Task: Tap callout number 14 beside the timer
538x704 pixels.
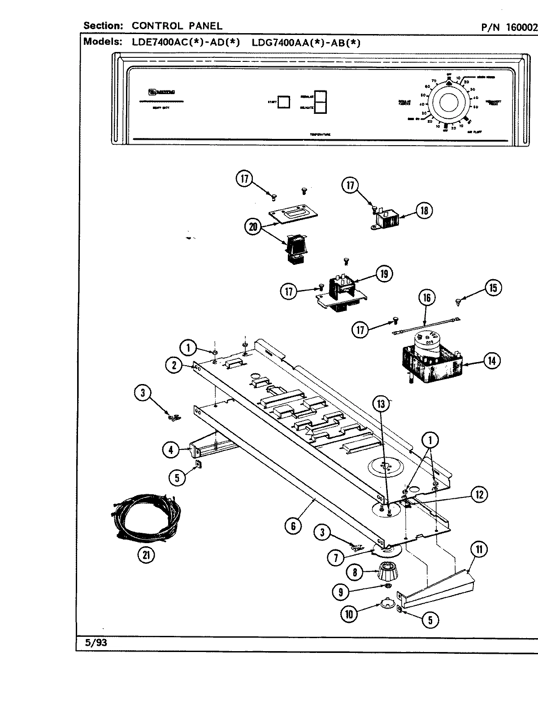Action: [492, 360]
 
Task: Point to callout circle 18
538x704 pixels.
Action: [424, 210]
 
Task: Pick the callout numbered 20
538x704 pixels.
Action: [253, 227]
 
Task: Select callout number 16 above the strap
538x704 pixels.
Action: [427, 298]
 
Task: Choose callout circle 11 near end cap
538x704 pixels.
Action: [479, 550]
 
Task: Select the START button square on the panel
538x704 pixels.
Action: [283, 102]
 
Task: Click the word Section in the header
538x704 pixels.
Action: [103, 26]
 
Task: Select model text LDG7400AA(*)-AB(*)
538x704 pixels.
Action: [306, 43]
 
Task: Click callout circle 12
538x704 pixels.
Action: [479, 494]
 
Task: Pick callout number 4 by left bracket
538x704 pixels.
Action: [170, 449]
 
